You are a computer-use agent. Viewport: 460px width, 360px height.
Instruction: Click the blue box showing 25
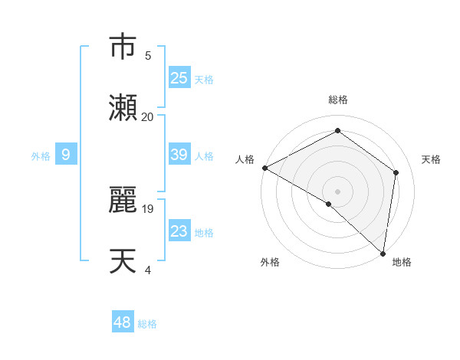[179, 78]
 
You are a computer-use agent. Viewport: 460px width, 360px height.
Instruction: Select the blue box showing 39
[179, 155]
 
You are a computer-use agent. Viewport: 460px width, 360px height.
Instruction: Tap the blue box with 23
[179, 231]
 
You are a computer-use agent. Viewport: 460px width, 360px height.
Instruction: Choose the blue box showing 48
[123, 322]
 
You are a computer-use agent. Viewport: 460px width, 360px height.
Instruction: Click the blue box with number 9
[66, 155]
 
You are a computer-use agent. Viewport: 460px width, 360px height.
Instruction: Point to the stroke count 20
[147, 116]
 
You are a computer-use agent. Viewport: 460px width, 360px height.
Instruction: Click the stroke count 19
[147, 208]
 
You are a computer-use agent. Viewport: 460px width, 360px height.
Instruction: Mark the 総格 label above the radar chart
[337, 100]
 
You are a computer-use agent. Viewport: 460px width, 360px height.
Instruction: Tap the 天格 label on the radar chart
[431, 159]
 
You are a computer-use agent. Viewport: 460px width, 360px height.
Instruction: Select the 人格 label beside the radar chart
[245, 159]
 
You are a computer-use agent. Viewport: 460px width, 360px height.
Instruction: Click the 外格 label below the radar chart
[269, 262]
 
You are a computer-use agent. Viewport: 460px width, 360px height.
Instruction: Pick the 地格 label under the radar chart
[402, 262]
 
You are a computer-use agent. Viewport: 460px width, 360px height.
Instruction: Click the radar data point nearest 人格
[264, 168]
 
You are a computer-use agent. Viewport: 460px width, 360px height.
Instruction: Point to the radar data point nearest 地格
[383, 253]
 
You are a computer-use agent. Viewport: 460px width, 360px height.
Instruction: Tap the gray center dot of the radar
[337, 191]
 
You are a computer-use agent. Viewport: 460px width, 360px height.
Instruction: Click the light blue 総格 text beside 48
[147, 324]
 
